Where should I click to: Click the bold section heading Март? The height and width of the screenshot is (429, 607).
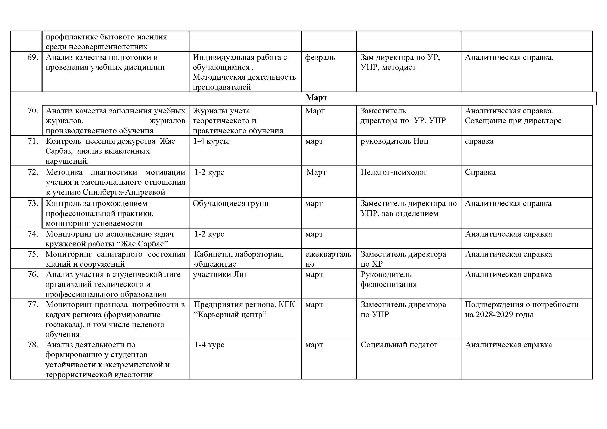[x=316, y=98]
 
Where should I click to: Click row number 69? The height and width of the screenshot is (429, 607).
[x=32, y=57]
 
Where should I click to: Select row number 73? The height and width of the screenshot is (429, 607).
[x=32, y=203]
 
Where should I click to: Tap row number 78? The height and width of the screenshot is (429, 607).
[x=32, y=345]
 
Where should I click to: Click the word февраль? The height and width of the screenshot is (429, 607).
[x=320, y=57]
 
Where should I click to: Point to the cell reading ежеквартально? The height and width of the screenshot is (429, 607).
[x=328, y=259]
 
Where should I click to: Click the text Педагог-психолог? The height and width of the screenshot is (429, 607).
[x=394, y=172]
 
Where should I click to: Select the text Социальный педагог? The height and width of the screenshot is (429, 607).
[x=399, y=345]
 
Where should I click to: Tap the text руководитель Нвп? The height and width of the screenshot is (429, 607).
[x=394, y=141]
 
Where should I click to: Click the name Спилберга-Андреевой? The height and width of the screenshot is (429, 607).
[x=124, y=192]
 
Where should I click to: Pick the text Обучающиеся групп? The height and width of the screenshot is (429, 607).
[x=230, y=203]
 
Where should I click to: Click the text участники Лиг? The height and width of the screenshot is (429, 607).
[x=220, y=274]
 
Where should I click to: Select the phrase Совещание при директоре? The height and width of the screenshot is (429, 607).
[x=513, y=121]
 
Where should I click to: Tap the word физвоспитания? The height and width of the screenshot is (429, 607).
[x=389, y=285]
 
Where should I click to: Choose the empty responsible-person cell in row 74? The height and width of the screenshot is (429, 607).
[x=408, y=238]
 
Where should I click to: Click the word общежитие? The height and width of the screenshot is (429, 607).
[x=215, y=264]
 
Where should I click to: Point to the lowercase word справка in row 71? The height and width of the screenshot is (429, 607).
[x=479, y=141]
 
